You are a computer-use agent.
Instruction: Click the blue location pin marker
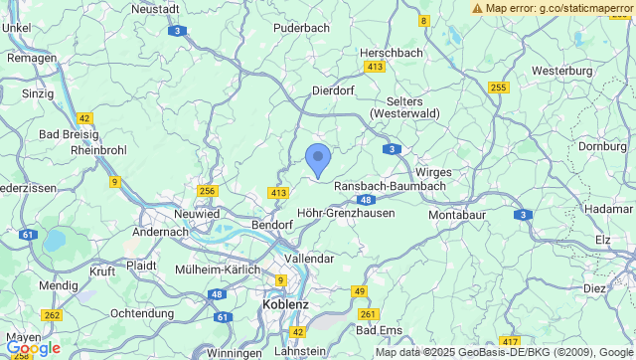click(317, 159)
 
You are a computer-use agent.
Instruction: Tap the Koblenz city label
click(285, 304)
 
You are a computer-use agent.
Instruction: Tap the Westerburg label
click(561, 71)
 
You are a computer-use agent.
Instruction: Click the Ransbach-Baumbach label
click(389, 185)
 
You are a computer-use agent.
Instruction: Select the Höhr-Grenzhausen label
click(346, 212)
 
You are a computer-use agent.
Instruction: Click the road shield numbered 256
click(207, 191)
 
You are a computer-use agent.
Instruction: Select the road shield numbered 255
click(498, 88)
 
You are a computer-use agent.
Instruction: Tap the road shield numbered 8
click(424, 20)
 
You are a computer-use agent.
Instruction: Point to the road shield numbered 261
click(369, 314)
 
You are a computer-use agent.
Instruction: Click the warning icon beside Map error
click(478, 7)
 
